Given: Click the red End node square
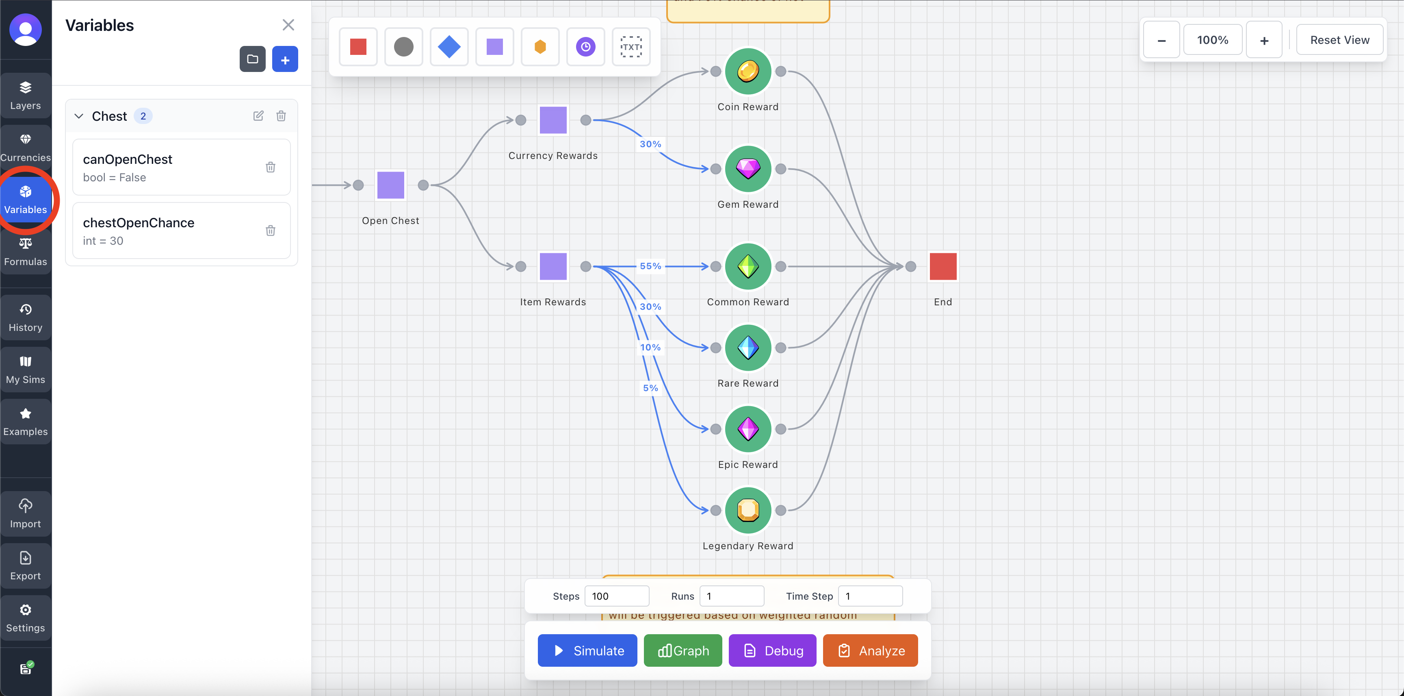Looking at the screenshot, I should click(942, 266).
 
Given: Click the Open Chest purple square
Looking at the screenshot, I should click(390, 185).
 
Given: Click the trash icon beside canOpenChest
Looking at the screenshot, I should click(270, 167).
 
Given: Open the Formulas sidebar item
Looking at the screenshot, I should click(26, 252).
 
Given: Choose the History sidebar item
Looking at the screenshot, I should click(26, 318).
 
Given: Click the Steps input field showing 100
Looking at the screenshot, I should click(616, 596).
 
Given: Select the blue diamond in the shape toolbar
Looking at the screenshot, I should click(448, 47).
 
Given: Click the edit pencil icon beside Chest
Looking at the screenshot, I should click(258, 115).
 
